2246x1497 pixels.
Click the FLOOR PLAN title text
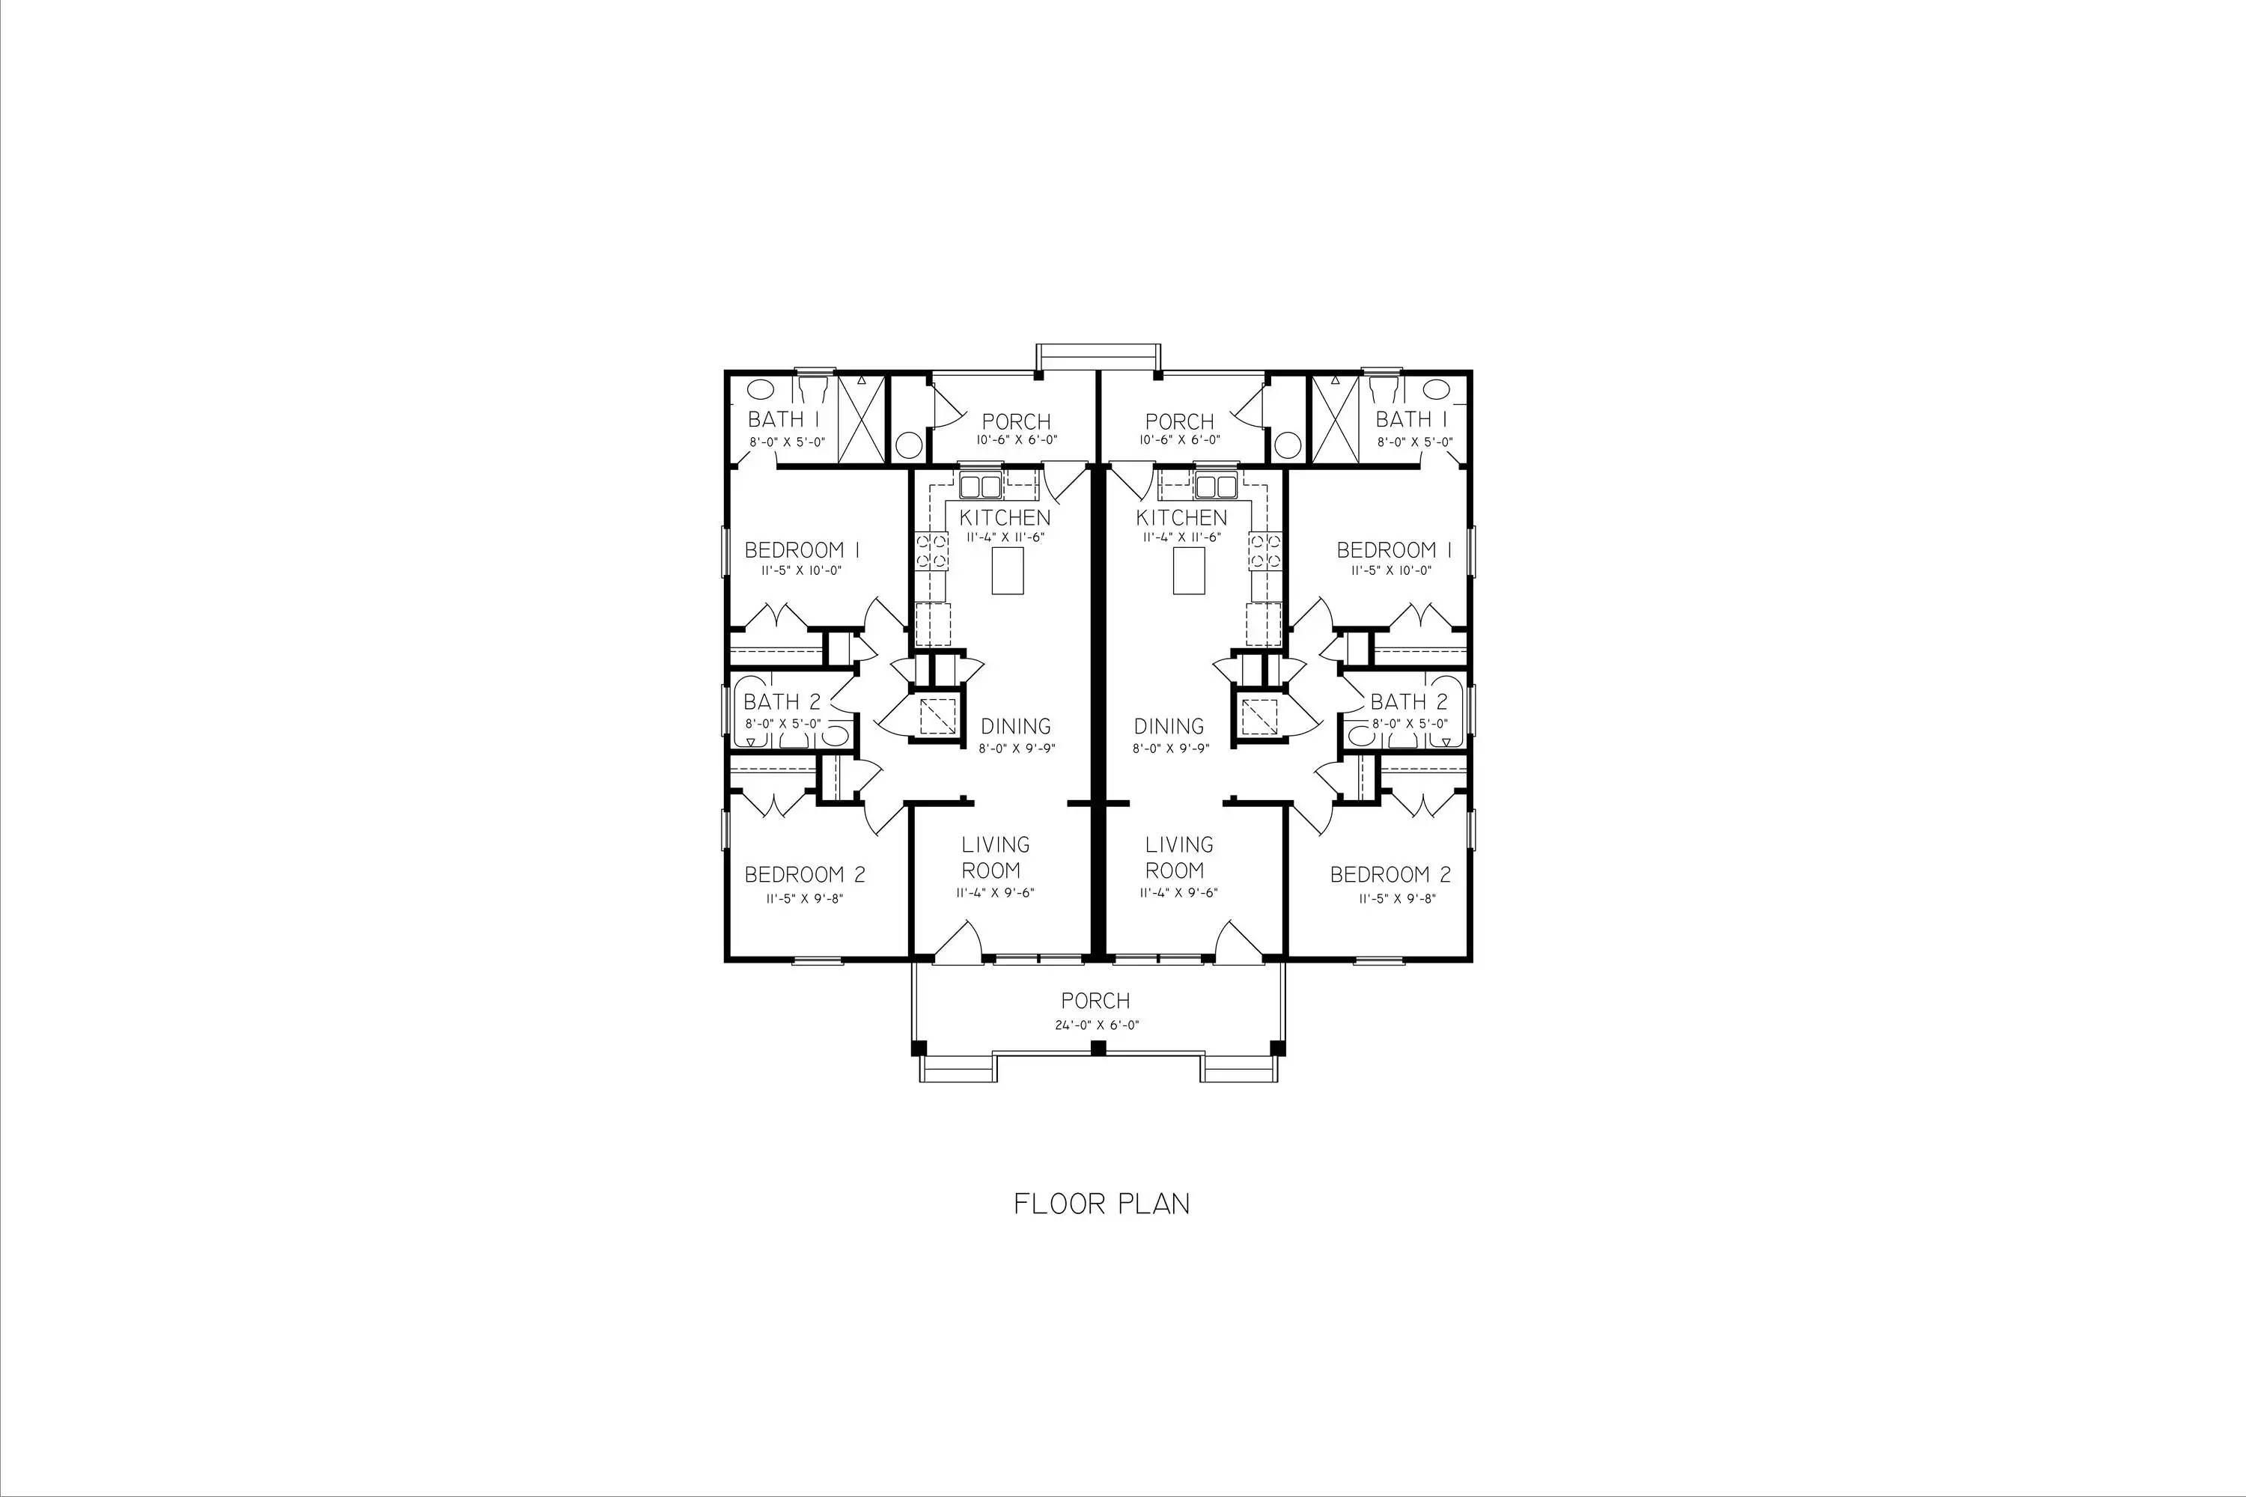(x=1101, y=1204)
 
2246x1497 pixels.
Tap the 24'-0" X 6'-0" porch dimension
(x=1095, y=1025)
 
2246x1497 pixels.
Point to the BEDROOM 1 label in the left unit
(x=802, y=550)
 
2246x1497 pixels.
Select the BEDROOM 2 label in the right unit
(x=1390, y=874)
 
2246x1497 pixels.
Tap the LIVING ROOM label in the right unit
(x=1179, y=857)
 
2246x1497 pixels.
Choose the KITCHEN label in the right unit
(x=1181, y=517)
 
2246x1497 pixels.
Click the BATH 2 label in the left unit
(x=782, y=702)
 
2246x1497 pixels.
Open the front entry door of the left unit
(x=958, y=940)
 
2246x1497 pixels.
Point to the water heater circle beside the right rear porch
(x=1288, y=445)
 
